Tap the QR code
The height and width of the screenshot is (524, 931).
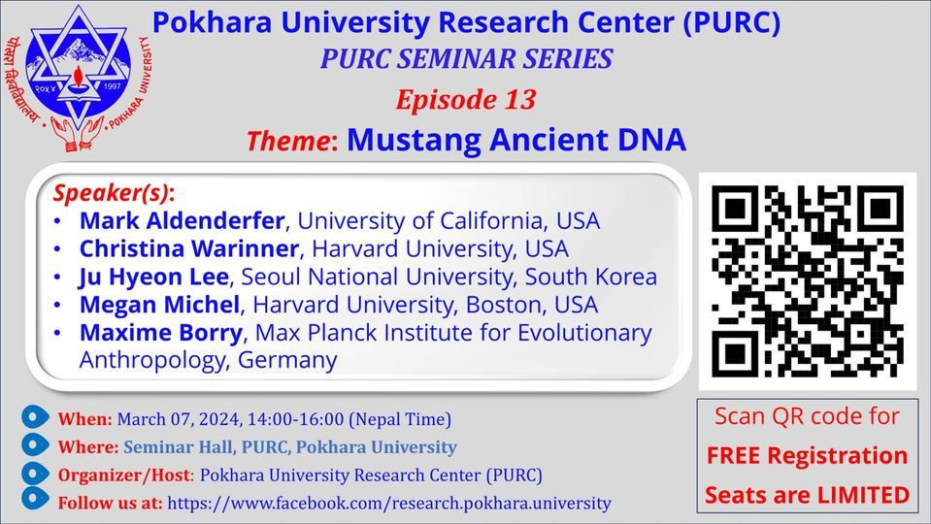coord(807,280)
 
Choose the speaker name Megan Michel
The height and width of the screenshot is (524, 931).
coord(159,305)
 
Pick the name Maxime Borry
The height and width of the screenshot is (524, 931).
coord(161,333)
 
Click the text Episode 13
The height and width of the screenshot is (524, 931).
coord(465,99)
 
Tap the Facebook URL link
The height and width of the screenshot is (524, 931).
coord(389,503)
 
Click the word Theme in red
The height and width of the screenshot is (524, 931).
coord(288,142)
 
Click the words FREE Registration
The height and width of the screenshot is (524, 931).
coord(806,455)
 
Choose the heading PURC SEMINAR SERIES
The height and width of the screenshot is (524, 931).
coord(466,59)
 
